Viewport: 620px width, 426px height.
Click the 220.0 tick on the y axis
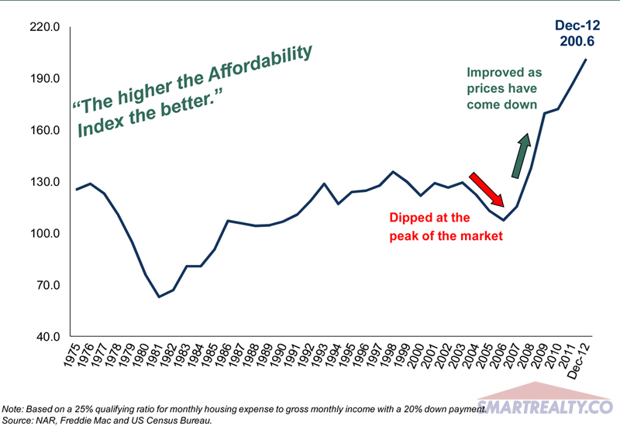44,27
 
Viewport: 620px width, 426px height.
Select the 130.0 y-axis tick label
44,182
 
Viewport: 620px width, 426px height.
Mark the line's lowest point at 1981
158,297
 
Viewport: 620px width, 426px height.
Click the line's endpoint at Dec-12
586,60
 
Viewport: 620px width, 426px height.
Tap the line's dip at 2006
504,220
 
